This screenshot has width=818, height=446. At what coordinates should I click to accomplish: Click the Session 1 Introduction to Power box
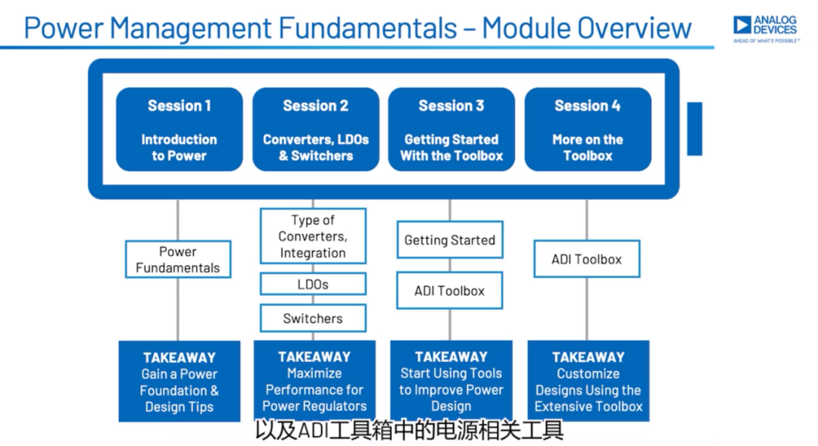[180, 129]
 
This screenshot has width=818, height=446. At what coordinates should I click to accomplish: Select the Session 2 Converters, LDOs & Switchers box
[316, 129]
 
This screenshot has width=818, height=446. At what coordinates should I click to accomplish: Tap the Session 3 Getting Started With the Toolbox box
[451, 129]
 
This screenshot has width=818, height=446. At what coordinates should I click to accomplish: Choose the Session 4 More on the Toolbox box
[588, 129]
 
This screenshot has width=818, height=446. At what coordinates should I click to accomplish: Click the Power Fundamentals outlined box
[178, 259]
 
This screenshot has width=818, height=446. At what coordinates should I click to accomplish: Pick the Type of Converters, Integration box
[313, 236]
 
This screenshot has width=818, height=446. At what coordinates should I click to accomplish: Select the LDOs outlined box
[313, 284]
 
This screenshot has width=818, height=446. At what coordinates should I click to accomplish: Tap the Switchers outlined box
[313, 318]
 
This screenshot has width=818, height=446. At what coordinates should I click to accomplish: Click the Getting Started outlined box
[450, 240]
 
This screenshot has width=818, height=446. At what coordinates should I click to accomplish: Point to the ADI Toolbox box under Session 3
[450, 291]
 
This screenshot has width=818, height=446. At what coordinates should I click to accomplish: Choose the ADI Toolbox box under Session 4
[587, 259]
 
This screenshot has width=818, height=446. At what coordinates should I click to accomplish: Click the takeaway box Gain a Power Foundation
[180, 382]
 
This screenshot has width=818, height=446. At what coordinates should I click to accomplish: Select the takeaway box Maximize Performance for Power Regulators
[314, 381]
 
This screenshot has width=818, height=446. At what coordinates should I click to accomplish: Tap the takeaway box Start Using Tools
[451, 381]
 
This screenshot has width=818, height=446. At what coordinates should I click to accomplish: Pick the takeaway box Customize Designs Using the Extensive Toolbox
[589, 381]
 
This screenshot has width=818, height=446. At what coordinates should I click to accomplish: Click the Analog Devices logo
[766, 29]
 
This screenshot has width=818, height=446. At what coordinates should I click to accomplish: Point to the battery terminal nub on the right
[695, 129]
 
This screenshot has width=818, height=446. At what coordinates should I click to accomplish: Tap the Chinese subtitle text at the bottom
[410, 431]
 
